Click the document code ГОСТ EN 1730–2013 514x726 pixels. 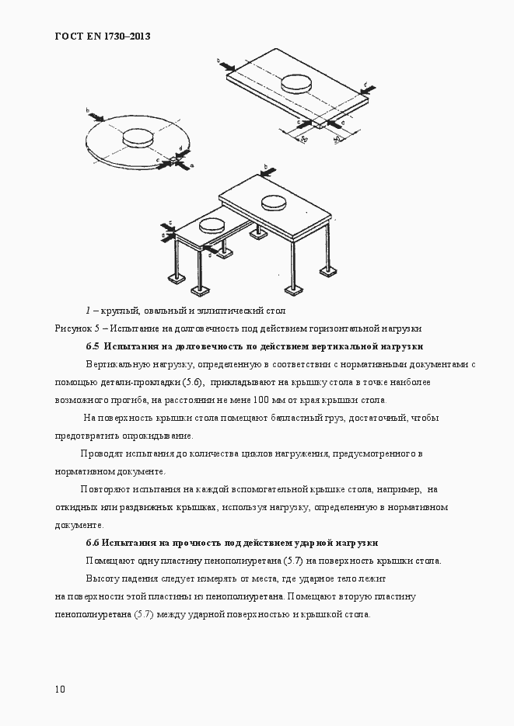tap(103, 36)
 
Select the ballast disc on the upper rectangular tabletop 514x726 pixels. tap(298, 83)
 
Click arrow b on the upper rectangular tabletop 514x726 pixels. tap(223, 63)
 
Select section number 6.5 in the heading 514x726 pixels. tap(93, 346)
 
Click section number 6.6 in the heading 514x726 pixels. tap(93, 543)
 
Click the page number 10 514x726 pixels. tap(61, 689)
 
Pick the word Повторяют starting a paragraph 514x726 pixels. tap(107, 489)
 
